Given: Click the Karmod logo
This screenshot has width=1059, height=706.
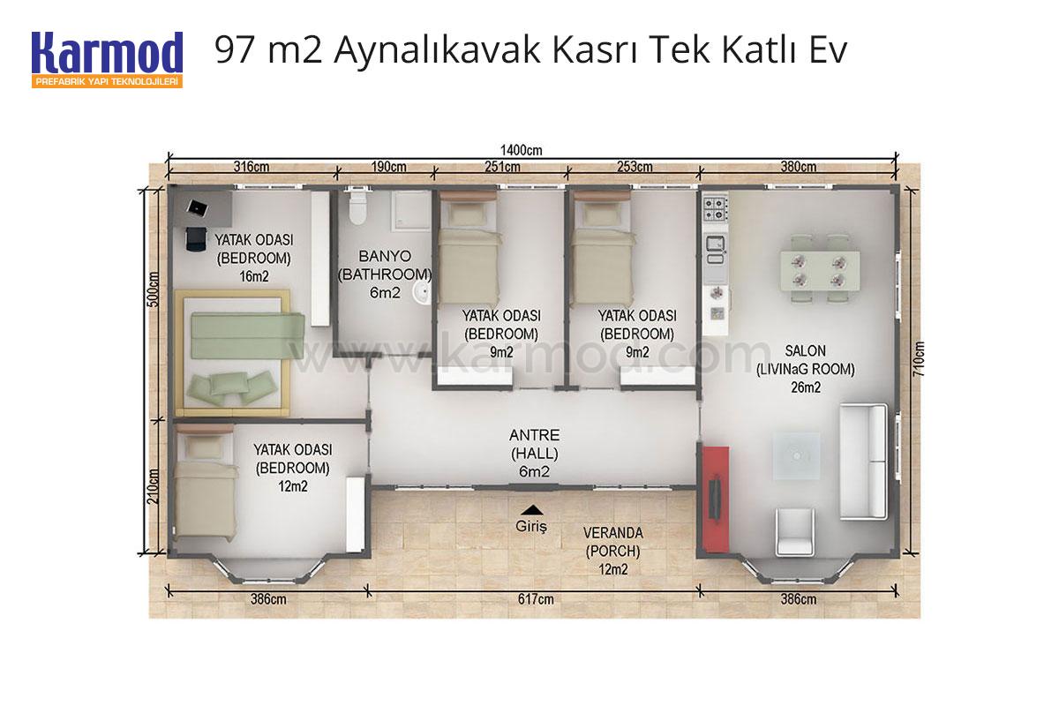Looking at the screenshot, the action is pos(108,60).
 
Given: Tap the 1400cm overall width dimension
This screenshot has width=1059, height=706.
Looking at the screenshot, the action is pos(522,150).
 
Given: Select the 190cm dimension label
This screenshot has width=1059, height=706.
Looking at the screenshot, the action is pos(388,167).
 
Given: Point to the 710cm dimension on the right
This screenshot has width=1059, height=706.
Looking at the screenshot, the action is pos(919,359).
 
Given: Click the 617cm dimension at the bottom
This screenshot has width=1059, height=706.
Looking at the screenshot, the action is pos(536,599).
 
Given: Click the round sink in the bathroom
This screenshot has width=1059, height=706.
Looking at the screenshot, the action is pos(421,292).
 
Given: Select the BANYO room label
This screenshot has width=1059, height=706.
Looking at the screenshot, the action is pos(385,256).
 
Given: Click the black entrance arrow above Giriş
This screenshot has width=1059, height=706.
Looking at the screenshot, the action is pos(532,510).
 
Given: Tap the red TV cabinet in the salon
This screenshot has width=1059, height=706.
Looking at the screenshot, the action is pos(716,499).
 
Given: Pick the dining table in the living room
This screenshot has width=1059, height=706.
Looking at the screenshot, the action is pos(820,270).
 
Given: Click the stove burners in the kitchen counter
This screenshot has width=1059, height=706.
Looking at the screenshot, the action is pos(715,209).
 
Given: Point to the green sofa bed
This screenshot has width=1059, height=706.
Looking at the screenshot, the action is pos(247,335).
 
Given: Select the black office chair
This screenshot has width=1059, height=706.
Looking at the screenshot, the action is pos(196,239).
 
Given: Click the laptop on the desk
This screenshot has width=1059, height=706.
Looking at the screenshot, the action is pos(198,207).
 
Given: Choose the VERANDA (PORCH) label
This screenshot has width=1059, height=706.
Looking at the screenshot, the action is pos(613,542).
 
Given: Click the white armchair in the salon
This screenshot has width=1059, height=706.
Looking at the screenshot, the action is pos(795,531).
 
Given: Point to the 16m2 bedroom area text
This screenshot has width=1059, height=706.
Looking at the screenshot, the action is pos(254,276).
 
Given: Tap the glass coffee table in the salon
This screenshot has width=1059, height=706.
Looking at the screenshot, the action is pos(797,456).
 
